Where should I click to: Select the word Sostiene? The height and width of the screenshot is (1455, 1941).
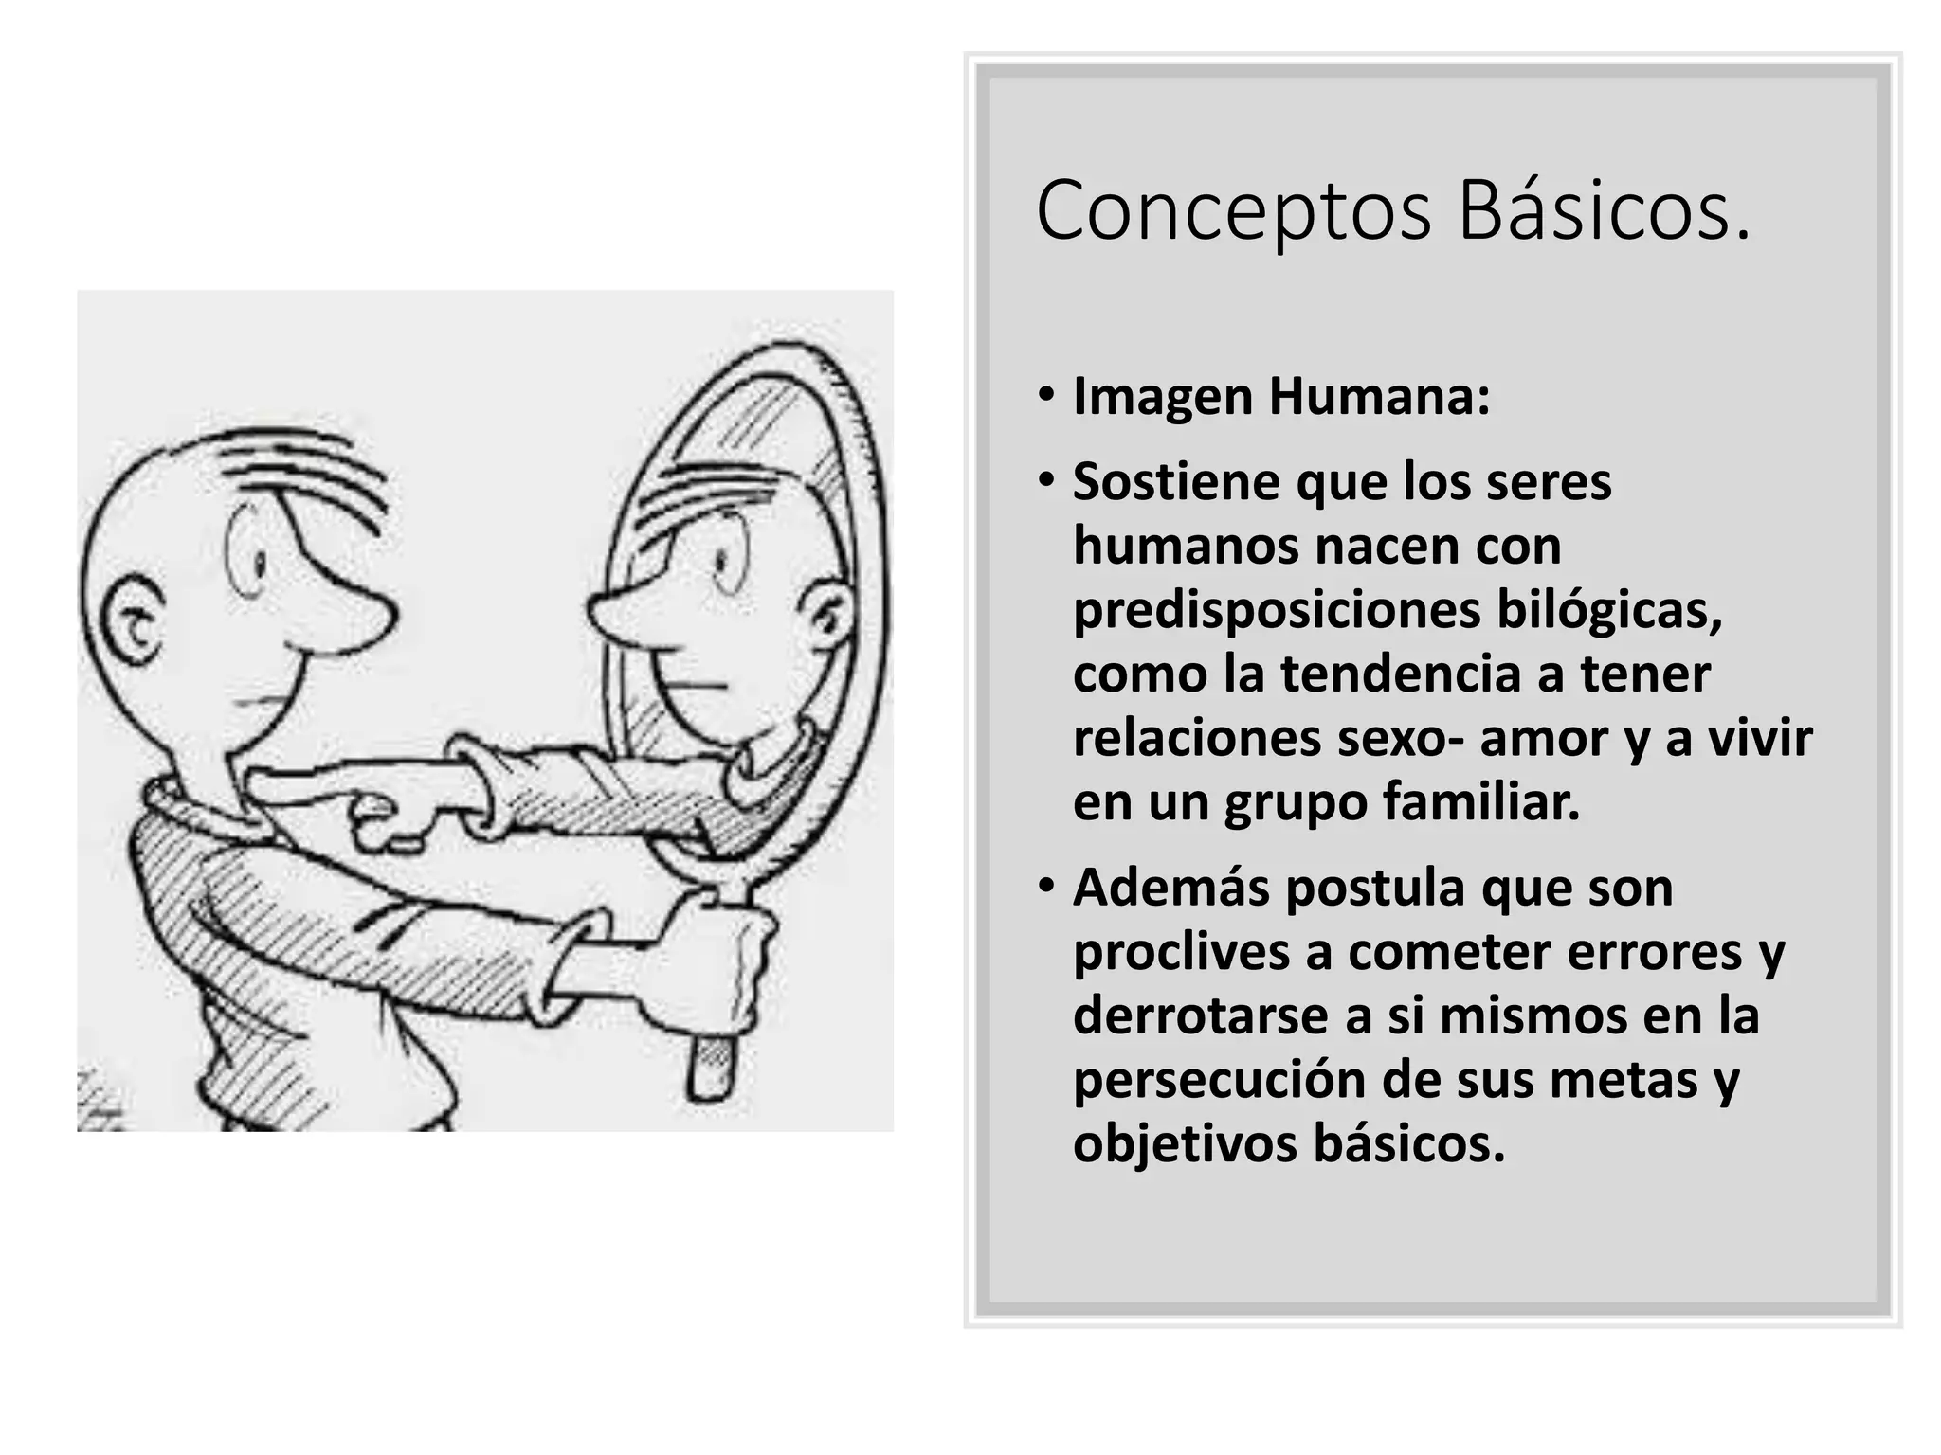point(1174,482)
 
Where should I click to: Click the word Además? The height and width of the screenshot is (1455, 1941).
point(1170,888)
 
